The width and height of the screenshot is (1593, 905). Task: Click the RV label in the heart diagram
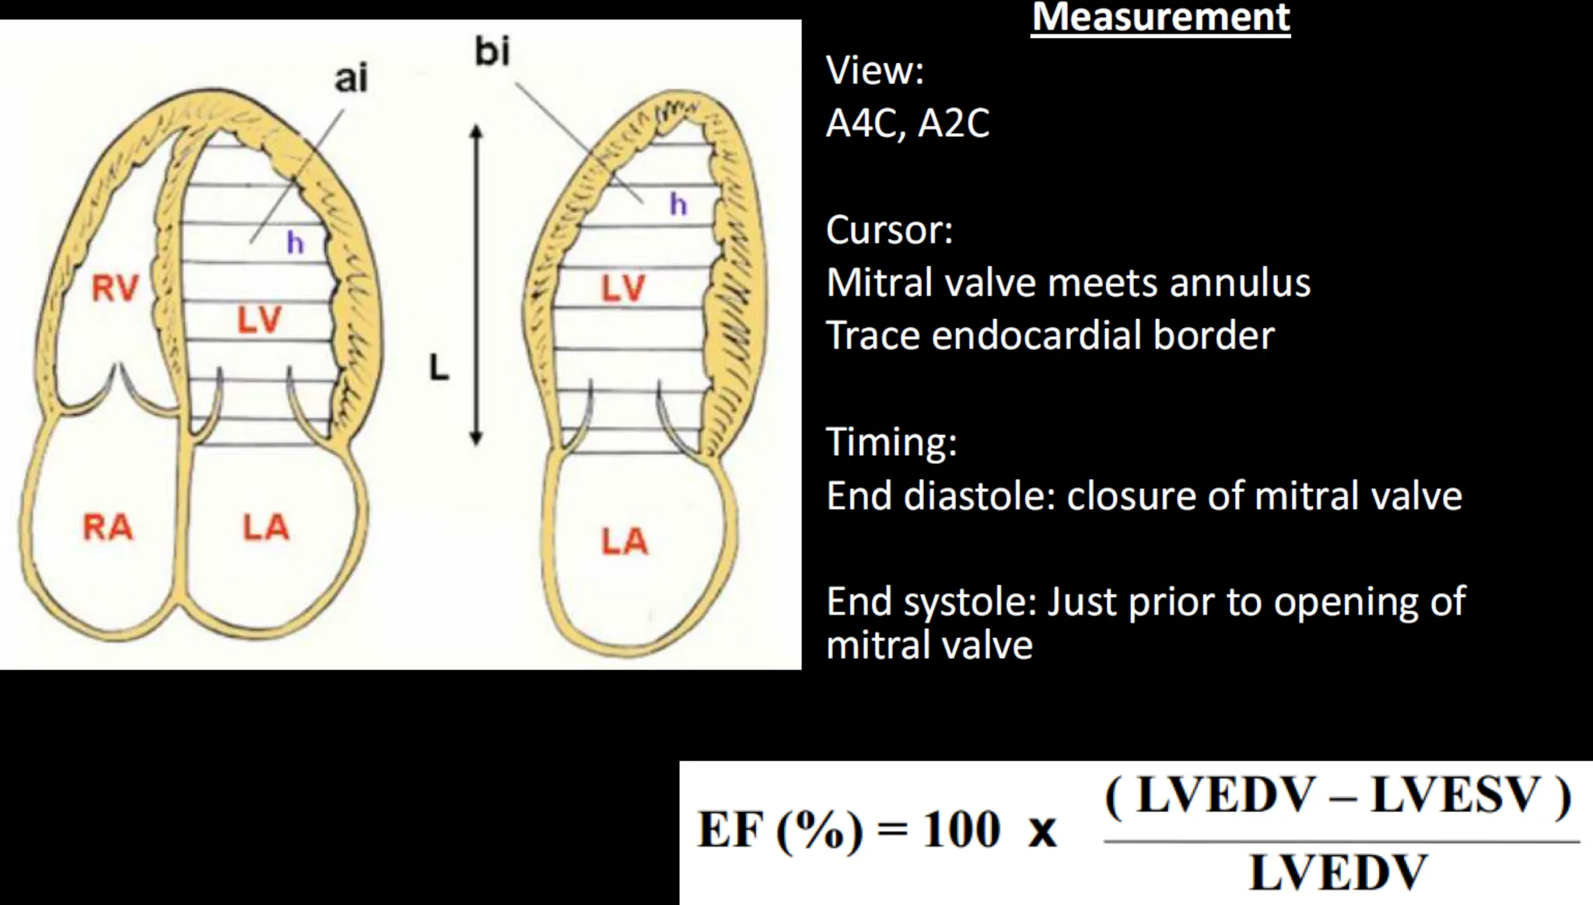[114, 289]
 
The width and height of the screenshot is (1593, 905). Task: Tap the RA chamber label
[107, 528]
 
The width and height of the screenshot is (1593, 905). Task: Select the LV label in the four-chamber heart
[259, 321]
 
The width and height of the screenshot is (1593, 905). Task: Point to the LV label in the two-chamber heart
[622, 289]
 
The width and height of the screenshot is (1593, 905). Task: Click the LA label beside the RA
[265, 528]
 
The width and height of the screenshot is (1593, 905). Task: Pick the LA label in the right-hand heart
[624, 542]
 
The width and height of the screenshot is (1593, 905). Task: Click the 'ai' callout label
[351, 79]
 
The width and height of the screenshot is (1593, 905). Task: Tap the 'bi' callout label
[492, 51]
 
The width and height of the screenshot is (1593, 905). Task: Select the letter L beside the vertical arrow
[439, 368]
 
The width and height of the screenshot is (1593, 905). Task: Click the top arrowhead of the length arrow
[477, 131]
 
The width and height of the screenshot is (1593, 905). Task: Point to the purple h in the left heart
[295, 243]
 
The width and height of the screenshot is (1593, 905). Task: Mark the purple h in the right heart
[678, 205]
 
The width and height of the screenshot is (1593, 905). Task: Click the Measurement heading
[1161, 17]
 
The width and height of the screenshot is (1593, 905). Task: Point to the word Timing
[891, 441]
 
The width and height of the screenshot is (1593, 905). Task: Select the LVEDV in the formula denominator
[1338, 872]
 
